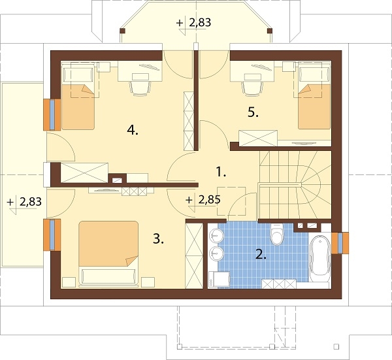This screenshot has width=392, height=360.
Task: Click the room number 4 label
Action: (x=132, y=130)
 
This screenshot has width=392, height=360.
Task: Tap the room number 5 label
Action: (x=253, y=113)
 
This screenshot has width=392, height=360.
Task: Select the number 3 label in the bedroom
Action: (x=158, y=239)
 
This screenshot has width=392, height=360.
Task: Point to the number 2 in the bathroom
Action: (x=261, y=254)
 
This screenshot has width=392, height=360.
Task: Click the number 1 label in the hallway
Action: (x=221, y=172)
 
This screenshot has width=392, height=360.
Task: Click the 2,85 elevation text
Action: (x=210, y=199)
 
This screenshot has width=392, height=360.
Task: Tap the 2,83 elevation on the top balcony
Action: (x=201, y=22)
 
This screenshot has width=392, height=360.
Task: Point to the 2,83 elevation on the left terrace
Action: (x=31, y=201)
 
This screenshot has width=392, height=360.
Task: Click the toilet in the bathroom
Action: (x=277, y=234)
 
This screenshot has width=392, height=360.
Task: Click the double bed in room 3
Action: (x=108, y=254)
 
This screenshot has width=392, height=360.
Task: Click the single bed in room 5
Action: (x=314, y=96)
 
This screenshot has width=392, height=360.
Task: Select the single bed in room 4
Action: (x=78, y=97)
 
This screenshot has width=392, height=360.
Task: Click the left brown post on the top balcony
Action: (x=122, y=31)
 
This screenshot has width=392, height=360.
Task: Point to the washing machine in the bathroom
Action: (x=219, y=279)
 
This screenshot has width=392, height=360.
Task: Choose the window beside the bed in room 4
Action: (x=52, y=115)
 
